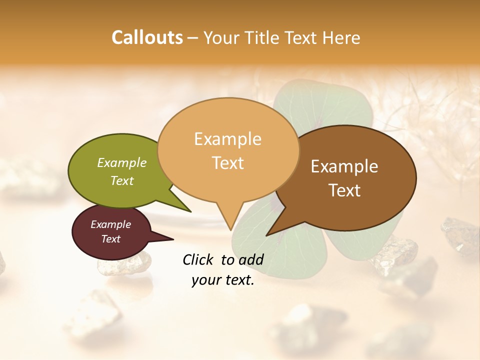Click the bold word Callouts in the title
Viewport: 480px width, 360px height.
tap(147, 37)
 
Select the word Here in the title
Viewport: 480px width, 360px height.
tap(342, 37)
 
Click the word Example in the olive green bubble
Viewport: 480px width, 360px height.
tap(122, 162)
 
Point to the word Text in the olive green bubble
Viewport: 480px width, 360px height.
tap(122, 180)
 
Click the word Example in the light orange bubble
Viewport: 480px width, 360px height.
tap(227, 139)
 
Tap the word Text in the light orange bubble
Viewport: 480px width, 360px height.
tap(227, 162)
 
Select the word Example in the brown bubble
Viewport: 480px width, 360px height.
tap(344, 166)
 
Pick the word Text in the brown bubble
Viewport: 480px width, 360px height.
tap(344, 190)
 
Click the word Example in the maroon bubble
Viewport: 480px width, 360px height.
tap(111, 224)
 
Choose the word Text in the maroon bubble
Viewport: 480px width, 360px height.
tap(111, 239)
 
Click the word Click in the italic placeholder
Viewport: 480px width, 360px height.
tap(199, 259)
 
